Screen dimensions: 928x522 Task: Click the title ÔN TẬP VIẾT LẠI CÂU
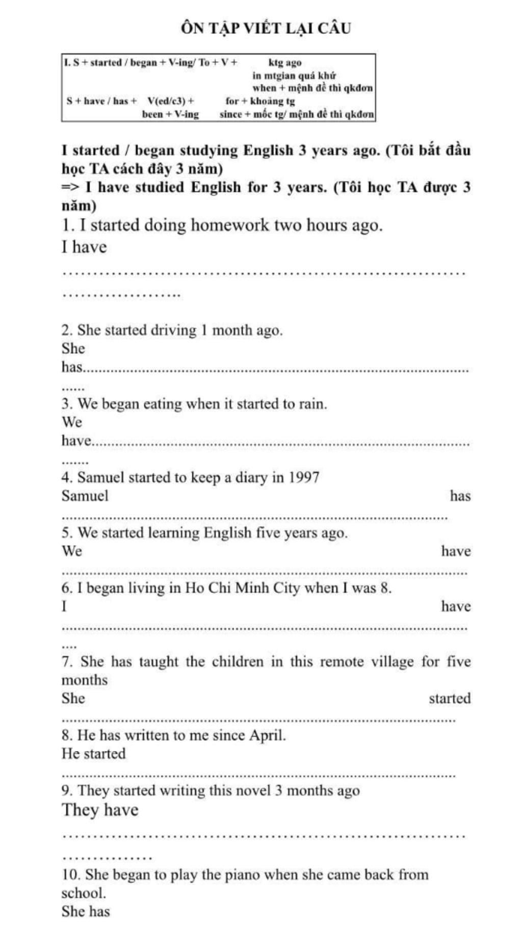(x=266, y=28)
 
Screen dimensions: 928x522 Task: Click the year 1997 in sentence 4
(x=304, y=478)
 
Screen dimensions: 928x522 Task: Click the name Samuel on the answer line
(x=85, y=496)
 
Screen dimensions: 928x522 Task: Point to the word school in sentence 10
(x=83, y=893)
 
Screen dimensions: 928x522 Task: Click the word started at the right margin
(x=450, y=699)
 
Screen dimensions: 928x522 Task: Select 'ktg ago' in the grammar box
(x=285, y=63)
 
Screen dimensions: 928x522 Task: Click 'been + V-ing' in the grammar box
(x=170, y=114)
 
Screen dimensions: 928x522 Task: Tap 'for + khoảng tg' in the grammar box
(x=260, y=101)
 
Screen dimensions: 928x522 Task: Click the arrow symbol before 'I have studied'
(x=70, y=188)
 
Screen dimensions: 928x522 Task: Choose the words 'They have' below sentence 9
(x=100, y=810)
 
